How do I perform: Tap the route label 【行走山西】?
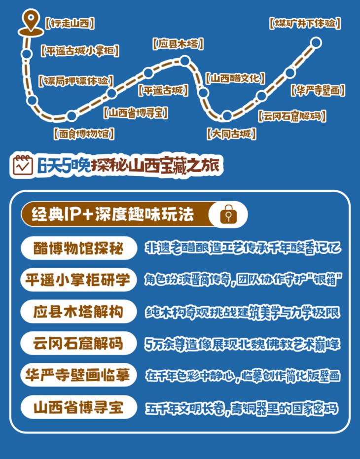[69, 23]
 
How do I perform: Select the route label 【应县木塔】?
[178, 44]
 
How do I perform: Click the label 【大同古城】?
[232, 133]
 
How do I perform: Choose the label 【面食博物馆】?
[84, 133]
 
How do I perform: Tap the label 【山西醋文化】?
[235, 78]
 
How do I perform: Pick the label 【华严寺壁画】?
[317, 90]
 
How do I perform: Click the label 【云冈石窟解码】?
[291, 116]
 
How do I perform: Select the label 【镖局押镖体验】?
[75, 80]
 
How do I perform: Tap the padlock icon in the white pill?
[228, 215]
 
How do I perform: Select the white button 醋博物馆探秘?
[78, 248]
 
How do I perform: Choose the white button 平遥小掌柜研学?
[78, 280]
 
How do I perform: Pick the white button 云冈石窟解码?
[78, 343]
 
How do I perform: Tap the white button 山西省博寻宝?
[78, 408]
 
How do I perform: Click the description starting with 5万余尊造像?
[242, 344]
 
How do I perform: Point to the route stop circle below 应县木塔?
[185, 61]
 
